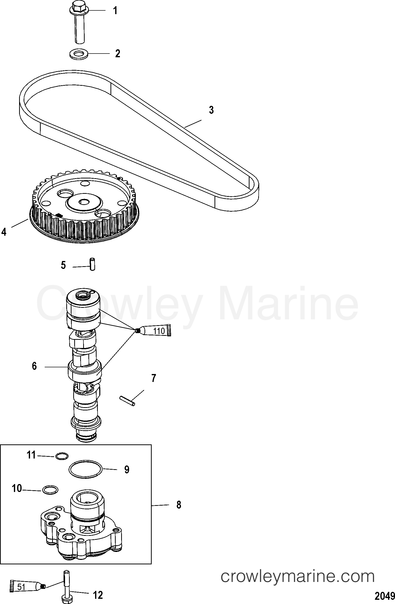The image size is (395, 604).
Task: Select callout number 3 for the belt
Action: (211, 110)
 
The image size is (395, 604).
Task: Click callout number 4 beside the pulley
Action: (4, 232)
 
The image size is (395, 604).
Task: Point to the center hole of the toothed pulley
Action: (84, 202)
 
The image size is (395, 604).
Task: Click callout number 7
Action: (153, 378)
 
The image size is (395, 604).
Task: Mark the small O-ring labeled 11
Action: (62, 456)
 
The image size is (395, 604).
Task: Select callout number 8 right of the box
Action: (179, 505)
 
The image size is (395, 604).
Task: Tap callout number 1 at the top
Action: (115, 11)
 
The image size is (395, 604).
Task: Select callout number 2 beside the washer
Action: (117, 54)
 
